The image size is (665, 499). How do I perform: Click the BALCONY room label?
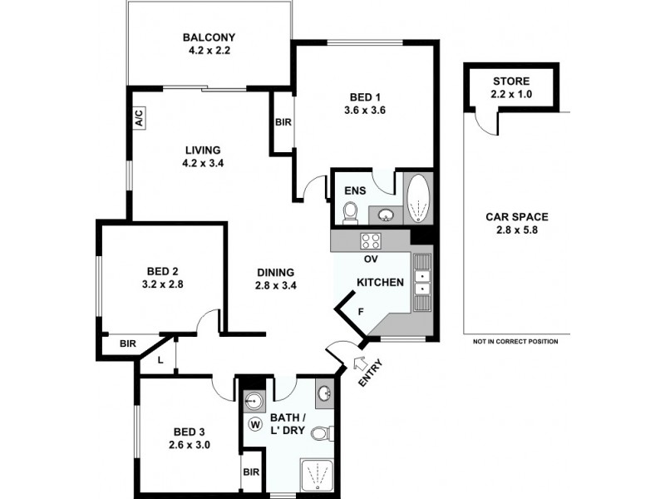pos(209,37)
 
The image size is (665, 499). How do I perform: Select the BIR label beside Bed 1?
pos(282,122)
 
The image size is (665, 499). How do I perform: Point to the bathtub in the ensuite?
pos(417,198)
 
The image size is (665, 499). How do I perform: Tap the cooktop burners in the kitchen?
pos(370,241)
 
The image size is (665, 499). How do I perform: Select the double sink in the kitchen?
pos(423,279)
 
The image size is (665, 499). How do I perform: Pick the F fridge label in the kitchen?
pos(360,312)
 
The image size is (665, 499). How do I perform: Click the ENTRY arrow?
pos(362,363)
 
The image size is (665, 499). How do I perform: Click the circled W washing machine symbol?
pos(255,424)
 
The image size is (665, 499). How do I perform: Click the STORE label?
pos(511,81)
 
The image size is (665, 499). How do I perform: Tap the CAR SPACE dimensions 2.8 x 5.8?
pos(516,230)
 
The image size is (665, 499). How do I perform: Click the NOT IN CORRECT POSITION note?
pos(515,341)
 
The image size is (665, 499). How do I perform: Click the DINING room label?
pos(276,272)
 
